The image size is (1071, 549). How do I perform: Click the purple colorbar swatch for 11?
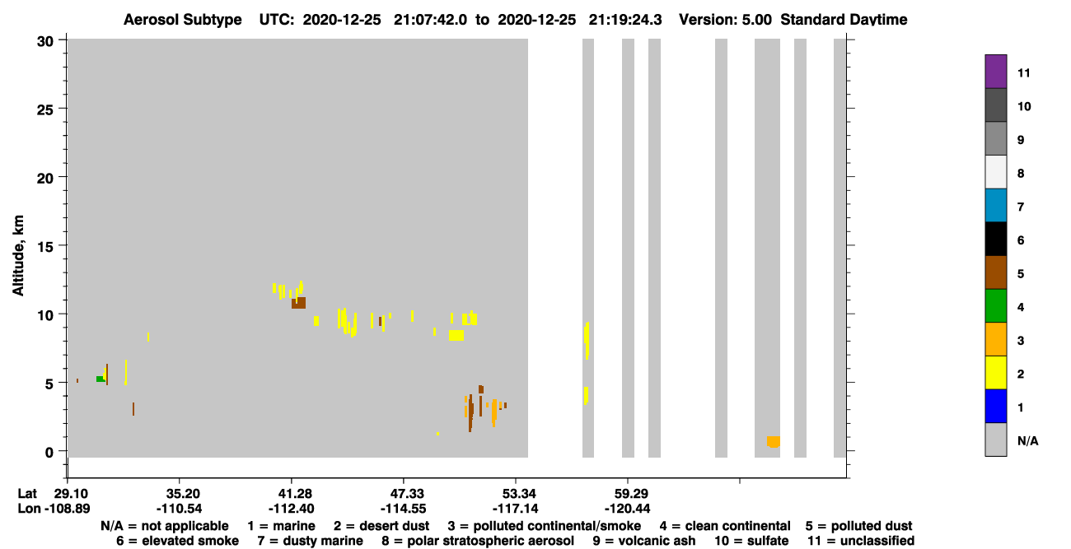(x=995, y=72)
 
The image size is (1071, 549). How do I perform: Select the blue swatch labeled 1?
(x=995, y=406)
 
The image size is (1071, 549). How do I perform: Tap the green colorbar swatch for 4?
(x=995, y=306)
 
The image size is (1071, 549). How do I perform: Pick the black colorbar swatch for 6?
(x=995, y=239)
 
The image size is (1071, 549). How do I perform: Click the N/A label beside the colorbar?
(x=1027, y=440)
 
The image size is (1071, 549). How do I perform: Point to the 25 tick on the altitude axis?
(x=45, y=110)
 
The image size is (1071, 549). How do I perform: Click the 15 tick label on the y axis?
(x=45, y=247)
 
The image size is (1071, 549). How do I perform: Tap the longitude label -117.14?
(x=516, y=509)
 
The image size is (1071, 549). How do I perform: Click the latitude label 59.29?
(x=627, y=493)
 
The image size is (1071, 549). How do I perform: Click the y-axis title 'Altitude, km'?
(x=18, y=256)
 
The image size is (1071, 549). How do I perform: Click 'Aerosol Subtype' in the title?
(x=183, y=20)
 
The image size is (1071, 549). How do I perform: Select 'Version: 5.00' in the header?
(x=725, y=20)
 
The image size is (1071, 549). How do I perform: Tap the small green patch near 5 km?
(x=100, y=379)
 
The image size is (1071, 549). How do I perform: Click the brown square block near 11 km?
(x=298, y=303)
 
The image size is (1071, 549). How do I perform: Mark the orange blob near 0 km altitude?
(x=774, y=442)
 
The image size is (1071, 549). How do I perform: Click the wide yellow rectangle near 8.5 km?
(x=456, y=336)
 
